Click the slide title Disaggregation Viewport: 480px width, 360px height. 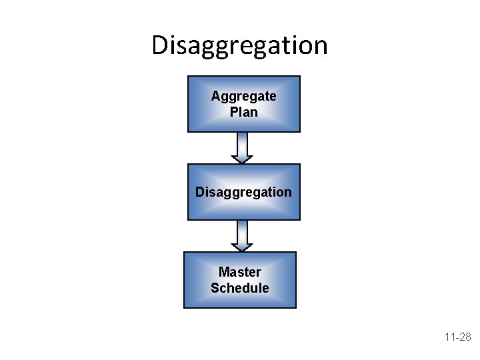click(239, 45)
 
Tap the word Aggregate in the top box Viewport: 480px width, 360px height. click(243, 96)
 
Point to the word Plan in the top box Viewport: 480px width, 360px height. click(243, 112)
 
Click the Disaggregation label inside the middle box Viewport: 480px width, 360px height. click(243, 192)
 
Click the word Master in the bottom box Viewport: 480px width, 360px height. click(239, 272)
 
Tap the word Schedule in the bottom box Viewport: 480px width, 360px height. click(239, 288)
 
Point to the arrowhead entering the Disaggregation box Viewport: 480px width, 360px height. click(242, 159)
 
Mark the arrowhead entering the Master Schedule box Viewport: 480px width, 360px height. click(242, 247)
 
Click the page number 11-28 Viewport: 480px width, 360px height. click(458, 337)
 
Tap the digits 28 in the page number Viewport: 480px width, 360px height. click(465, 337)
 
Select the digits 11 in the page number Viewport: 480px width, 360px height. click(449, 337)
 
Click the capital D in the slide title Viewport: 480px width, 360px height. click(160, 45)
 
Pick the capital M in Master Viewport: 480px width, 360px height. click(224, 272)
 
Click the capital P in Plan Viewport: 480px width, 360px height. click(233, 112)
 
